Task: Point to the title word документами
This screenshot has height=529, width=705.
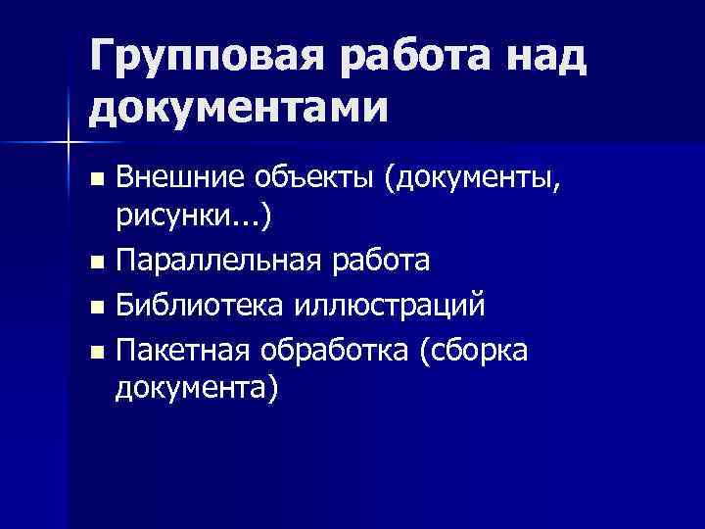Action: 234,106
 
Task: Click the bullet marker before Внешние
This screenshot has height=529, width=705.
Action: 95,179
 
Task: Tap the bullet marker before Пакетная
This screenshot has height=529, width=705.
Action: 95,350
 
